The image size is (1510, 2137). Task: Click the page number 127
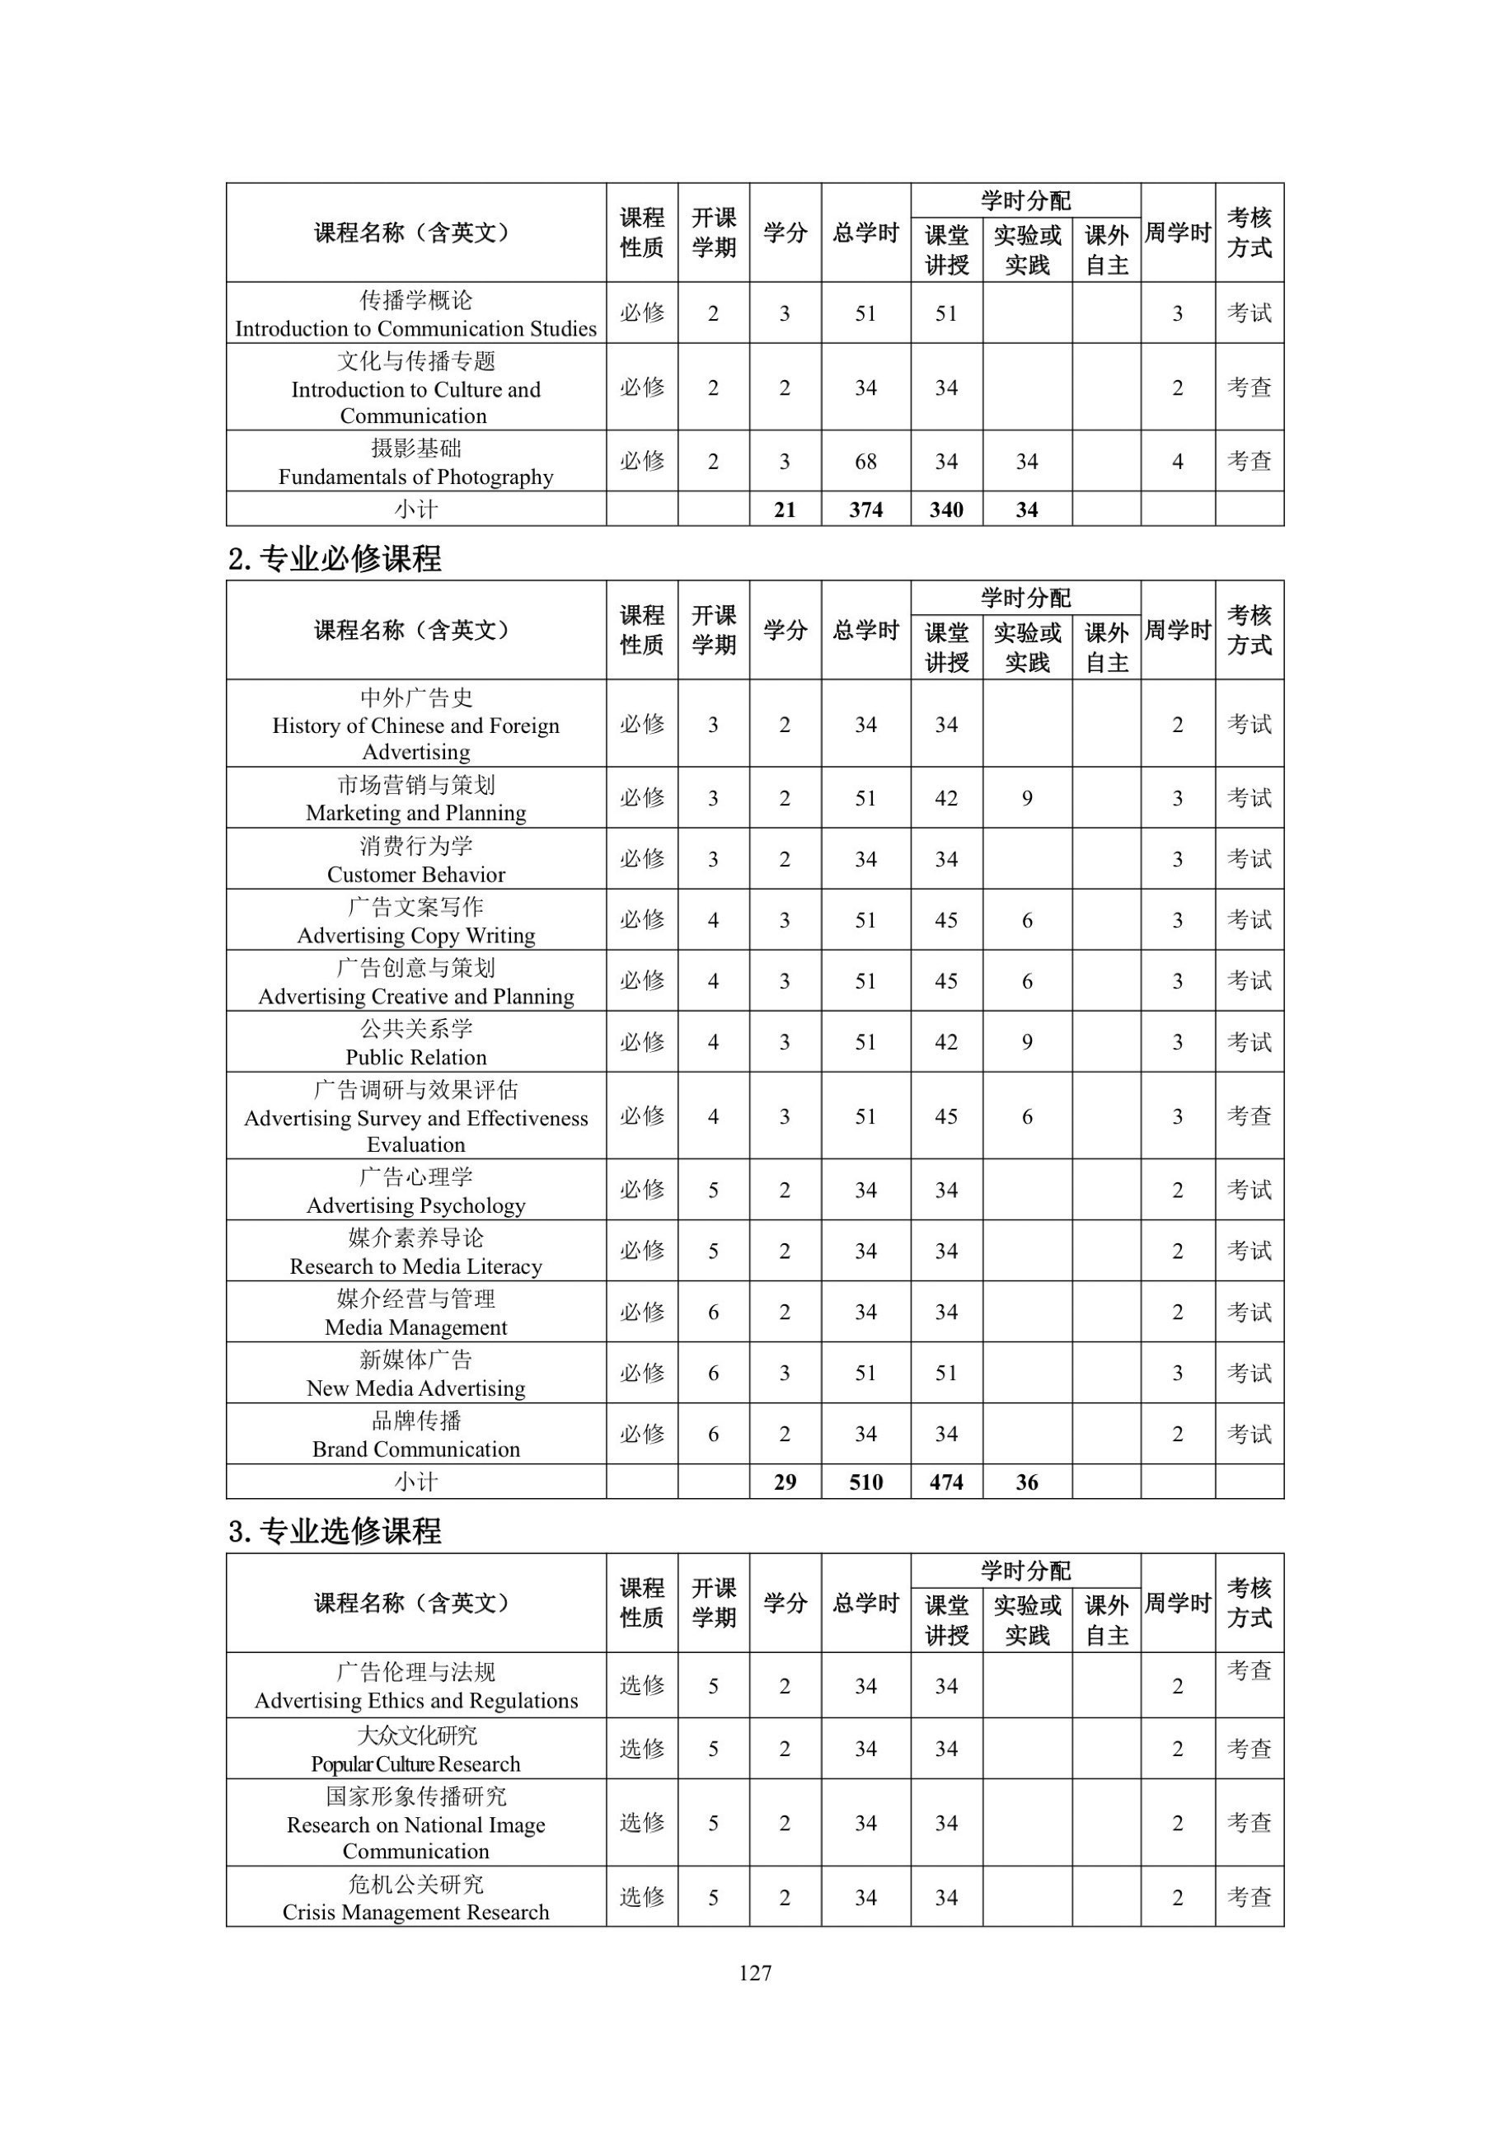(x=754, y=1972)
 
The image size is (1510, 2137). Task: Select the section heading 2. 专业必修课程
(x=335, y=558)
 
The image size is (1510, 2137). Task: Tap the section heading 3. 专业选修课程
(x=335, y=1531)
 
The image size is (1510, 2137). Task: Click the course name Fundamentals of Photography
(x=416, y=477)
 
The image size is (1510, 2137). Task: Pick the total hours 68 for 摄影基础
(x=865, y=462)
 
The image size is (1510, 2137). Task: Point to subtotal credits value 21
(x=785, y=510)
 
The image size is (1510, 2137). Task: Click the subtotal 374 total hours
(x=865, y=510)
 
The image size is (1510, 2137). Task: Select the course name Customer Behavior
(x=416, y=874)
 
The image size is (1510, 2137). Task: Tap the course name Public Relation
(x=416, y=1056)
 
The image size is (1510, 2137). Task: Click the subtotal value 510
(x=865, y=1482)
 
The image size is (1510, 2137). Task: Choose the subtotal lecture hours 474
(x=946, y=1482)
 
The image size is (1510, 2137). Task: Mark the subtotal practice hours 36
(x=1026, y=1482)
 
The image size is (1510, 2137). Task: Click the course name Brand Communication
(x=416, y=1449)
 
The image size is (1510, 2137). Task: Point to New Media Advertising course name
(x=416, y=1388)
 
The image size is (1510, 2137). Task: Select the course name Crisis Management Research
(x=416, y=1912)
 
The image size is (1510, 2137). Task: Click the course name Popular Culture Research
(x=416, y=1764)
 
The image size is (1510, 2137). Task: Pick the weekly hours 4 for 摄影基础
(x=1177, y=462)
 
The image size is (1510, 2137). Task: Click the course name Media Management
(x=416, y=1327)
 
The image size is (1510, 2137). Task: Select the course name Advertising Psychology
(x=416, y=1205)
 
